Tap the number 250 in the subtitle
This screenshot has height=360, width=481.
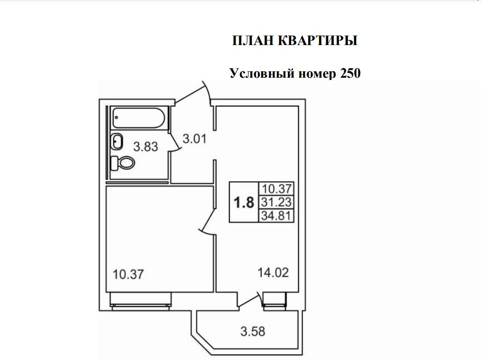pyautogui.click(x=350, y=73)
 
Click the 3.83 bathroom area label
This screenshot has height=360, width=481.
pyautogui.click(x=146, y=147)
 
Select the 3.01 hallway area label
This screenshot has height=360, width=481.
pyautogui.click(x=195, y=138)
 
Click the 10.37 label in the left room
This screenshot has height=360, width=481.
pyautogui.click(x=128, y=275)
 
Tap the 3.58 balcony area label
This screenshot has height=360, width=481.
pyautogui.click(x=253, y=331)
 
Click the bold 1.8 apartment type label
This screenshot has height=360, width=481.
pyautogui.click(x=244, y=202)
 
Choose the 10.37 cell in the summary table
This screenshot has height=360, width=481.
pyautogui.click(x=277, y=189)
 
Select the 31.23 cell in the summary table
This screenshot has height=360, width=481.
pyautogui.click(x=277, y=202)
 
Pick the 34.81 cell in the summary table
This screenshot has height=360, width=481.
pyautogui.click(x=277, y=215)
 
